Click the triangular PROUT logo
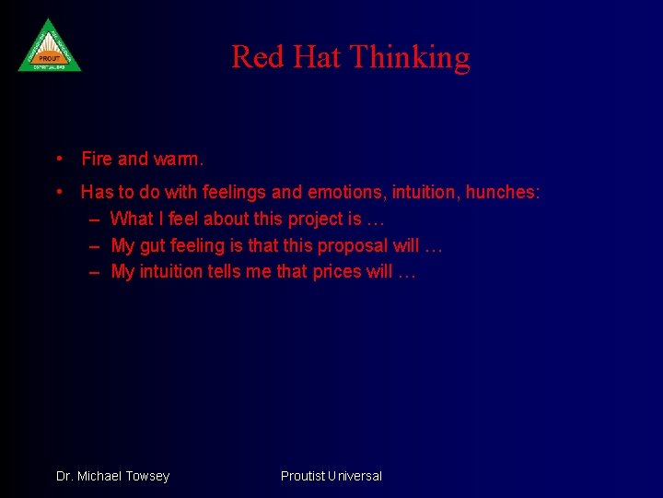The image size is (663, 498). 50,47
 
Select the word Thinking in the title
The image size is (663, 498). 410,57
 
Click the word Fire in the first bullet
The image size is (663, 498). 97,159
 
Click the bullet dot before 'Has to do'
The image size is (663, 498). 59,192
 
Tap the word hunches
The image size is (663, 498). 503,192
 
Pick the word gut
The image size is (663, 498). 153,245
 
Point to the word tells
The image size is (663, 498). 224,271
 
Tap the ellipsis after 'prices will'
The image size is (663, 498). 406,271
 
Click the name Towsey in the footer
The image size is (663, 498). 147,476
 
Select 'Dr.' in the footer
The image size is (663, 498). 64,476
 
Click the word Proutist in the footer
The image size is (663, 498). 304,476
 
